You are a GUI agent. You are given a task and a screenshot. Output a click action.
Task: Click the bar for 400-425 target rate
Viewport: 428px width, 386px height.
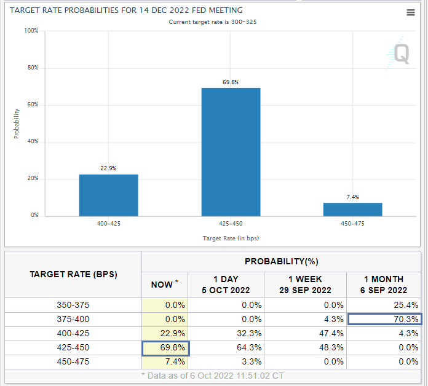point(108,195)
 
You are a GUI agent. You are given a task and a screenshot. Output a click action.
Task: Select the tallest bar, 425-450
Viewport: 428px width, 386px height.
point(231,152)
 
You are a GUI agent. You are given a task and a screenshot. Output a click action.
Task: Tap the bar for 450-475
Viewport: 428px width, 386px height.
point(352,209)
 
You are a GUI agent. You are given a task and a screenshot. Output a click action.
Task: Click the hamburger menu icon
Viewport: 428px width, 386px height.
point(411,13)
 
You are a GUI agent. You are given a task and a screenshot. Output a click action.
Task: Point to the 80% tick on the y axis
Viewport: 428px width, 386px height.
point(33,68)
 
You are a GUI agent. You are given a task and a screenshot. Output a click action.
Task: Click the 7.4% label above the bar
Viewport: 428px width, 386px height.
point(352,197)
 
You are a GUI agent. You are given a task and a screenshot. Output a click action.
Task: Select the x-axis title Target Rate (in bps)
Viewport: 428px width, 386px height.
point(231,238)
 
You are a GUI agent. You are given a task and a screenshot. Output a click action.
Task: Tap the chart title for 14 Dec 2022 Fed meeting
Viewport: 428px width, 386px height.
point(126,10)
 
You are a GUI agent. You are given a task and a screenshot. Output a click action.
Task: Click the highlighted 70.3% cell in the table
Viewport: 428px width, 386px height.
point(385,319)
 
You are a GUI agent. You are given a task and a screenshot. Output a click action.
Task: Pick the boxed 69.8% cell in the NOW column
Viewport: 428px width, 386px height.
point(165,347)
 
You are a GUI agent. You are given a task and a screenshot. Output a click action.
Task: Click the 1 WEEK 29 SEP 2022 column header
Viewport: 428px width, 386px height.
point(305,285)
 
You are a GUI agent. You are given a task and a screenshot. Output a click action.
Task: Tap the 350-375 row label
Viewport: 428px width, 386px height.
point(73,305)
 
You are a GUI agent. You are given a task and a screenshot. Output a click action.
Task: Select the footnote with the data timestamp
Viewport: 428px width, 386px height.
point(213,376)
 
